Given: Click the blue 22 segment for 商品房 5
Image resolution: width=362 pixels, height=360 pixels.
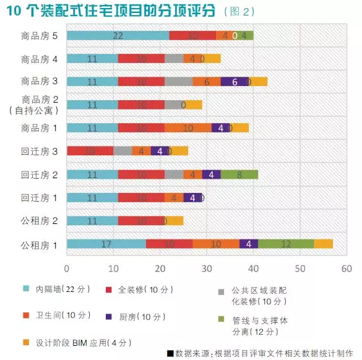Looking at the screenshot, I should (x=118, y=35).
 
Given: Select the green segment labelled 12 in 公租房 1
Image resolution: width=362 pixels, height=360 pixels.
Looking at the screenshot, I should (x=286, y=244).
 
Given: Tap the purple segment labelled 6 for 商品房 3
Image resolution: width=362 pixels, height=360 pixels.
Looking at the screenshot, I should (x=235, y=82).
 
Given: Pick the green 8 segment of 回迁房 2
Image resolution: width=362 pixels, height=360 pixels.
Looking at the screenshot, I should (x=239, y=174).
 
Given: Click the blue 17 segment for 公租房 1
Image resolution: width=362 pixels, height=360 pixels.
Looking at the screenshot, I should (x=106, y=244).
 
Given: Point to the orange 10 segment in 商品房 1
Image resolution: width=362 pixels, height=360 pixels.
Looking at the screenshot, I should (x=188, y=128).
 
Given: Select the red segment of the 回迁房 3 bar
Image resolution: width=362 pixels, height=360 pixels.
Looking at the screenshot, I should (x=90, y=151).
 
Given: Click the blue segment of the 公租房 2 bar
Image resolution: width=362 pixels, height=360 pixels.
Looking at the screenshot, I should (x=92, y=221).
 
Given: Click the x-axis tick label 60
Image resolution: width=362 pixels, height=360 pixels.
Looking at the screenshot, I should (x=346, y=268).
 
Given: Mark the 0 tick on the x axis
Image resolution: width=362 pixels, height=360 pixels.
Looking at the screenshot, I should (x=67, y=268).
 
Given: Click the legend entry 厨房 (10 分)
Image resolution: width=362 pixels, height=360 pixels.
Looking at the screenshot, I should (x=144, y=316).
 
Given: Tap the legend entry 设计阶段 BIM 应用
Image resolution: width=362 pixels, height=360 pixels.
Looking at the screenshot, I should (x=80, y=342).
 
